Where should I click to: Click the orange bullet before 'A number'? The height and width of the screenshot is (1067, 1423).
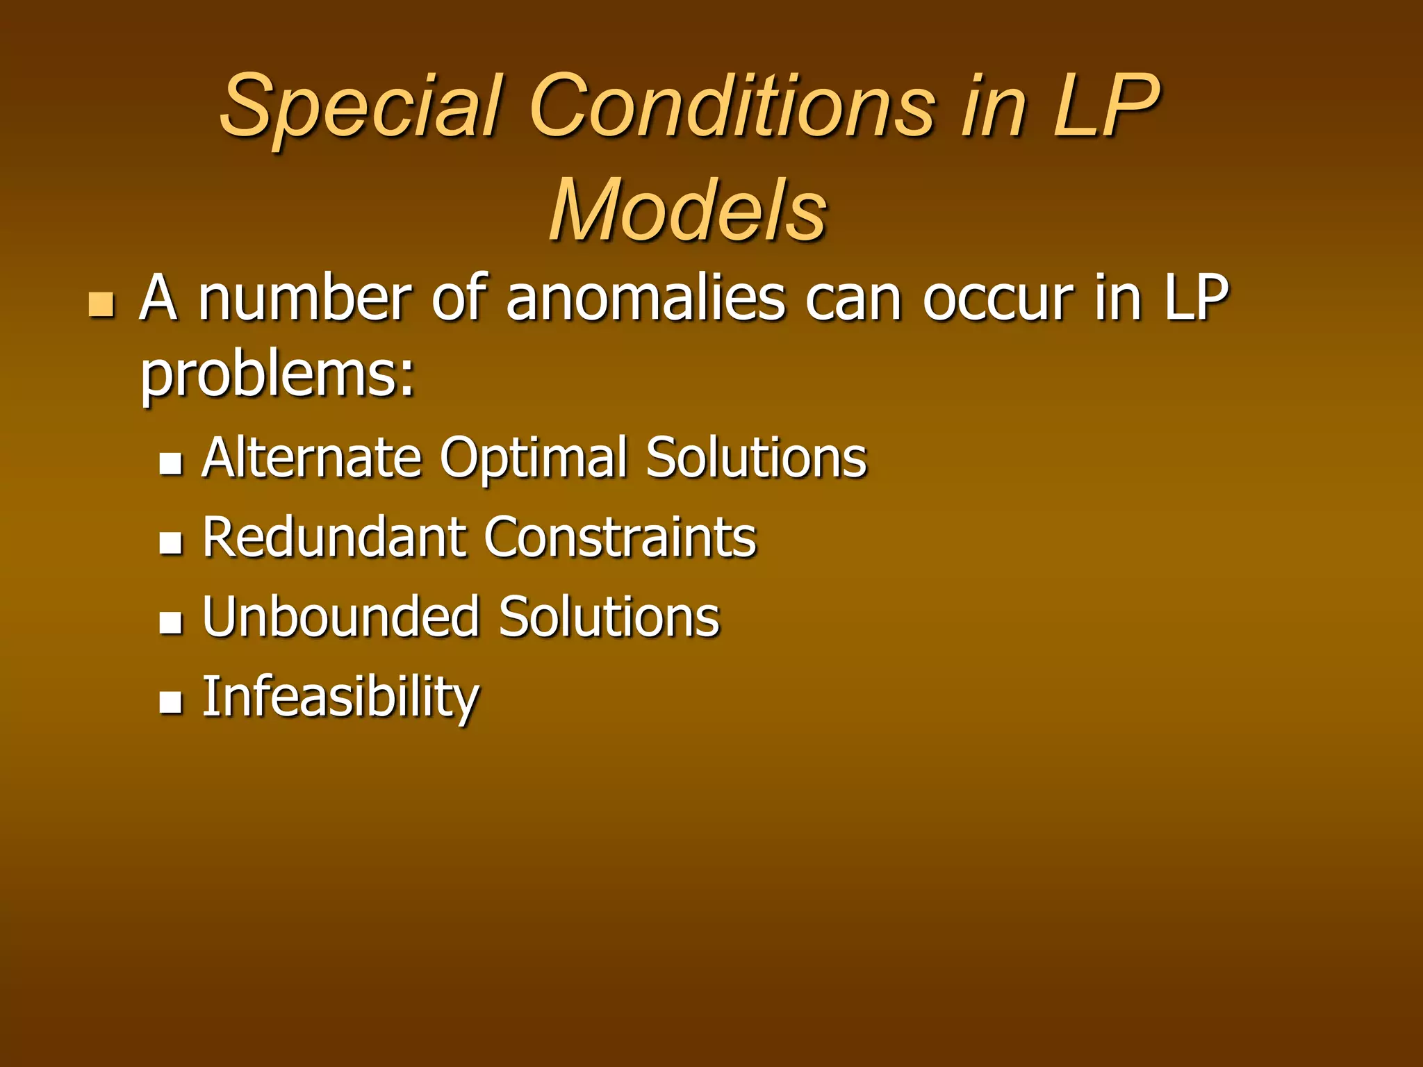(x=101, y=305)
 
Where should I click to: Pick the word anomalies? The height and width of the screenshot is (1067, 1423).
(x=646, y=299)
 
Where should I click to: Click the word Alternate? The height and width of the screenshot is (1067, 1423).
(x=312, y=458)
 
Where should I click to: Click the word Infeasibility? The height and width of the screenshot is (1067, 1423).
(x=340, y=697)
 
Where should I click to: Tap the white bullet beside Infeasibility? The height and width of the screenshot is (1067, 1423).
(x=170, y=702)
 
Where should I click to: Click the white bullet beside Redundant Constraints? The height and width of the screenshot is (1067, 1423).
(x=170, y=543)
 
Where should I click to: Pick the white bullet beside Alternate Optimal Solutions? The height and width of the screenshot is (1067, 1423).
(x=170, y=463)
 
